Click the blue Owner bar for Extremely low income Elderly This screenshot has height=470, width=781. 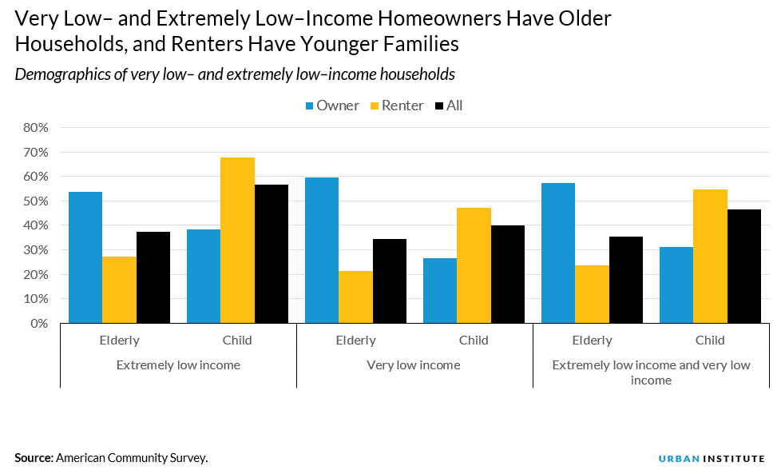pyautogui.click(x=85, y=257)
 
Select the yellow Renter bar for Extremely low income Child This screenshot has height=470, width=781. pyautogui.click(x=237, y=240)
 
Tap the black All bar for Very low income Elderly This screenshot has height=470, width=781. pyautogui.click(x=389, y=281)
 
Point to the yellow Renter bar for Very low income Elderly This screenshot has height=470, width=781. pyautogui.click(x=355, y=297)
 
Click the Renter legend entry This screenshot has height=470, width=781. pyautogui.click(x=395, y=106)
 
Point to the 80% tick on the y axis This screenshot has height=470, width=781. pyautogui.click(x=36, y=128)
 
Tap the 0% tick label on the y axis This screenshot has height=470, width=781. pyautogui.click(x=39, y=324)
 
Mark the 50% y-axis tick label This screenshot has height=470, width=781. pyautogui.click(x=36, y=201)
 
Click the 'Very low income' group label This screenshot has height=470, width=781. pyautogui.click(x=413, y=365)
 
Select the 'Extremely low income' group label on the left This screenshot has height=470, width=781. pyautogui.click(x=178, y=365)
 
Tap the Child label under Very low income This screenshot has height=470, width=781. pyautogui.click(x=473, y=341)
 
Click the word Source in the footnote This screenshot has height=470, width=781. pyautogui.click(x=33, y=458)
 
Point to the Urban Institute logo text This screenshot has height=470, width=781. pyautogui.click(x=712, y=458)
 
